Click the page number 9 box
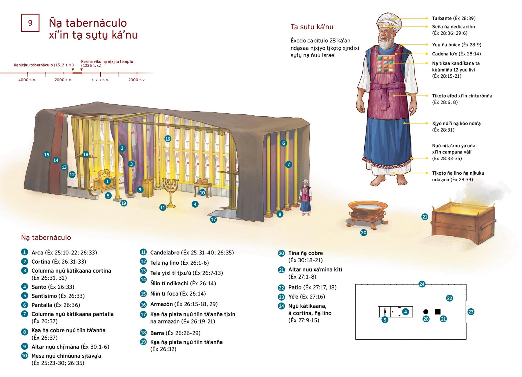click(x=30, y=23)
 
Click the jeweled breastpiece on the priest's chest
click(x=385, y=64)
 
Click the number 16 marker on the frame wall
click(x=168, y=139)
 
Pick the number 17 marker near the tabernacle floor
click(x=213, y=220)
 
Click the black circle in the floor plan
click(x=426, y=312)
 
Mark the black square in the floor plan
click(x=438, y=312)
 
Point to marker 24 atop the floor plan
click(x=422, y=284)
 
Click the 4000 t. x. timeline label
click(x=27, y=80)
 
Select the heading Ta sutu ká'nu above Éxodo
click(x=312, y=27)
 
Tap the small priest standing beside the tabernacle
click(x=305, y=200)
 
